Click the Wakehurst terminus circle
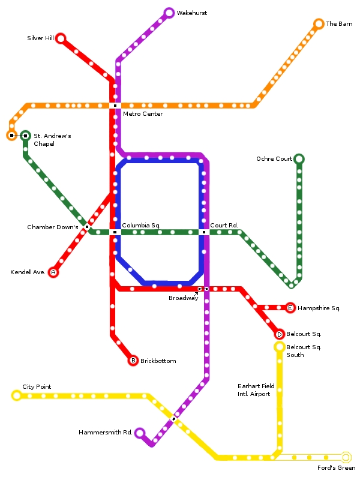(x=169, y=13)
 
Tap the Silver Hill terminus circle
(x=61, y=38)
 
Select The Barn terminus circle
(x=319, y=24)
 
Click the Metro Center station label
(x=143, y=114)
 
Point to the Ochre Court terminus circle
(x=299, y=159)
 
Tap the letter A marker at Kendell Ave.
(x=53, y=272)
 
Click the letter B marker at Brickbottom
(x=133, y=361)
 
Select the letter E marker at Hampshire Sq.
(x=290, y=308)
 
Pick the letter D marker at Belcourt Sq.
(x=279, y=334)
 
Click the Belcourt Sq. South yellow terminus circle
(x=279, y=347)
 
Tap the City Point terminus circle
(x=17, y=395)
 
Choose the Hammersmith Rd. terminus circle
(x=140, y=433)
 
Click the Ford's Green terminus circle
(x=346, y=457)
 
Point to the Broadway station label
(x=183, y=298)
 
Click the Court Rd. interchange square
(x=204, y=232)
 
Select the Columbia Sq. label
(x=141, y=226)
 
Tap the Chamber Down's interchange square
(x=87, y=227)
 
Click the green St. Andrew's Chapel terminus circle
(x=25, y=136)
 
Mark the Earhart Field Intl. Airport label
(x=256, y=390)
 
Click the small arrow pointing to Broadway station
(x=196, y=294)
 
